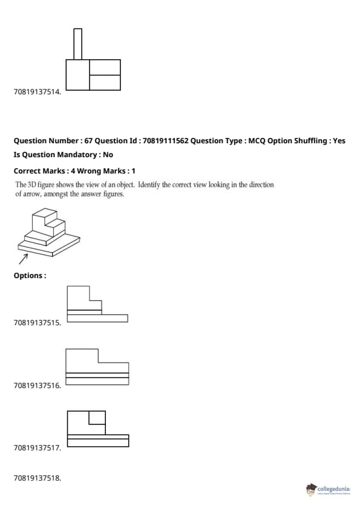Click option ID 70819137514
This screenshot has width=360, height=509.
[x=37, y=92]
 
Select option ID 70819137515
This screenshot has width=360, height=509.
[x=37, y=323]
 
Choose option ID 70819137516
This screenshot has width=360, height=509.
[x=37, y=386]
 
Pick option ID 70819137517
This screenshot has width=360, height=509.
[x=37, y=448]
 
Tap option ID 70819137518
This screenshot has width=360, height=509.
[x=37, y=478]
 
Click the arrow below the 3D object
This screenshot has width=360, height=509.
[x=24, y=259]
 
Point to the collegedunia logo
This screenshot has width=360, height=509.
[x=328, y=489]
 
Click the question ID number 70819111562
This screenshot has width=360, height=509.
[x=165, y=141]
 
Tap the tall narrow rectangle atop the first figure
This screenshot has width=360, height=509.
[x=77, y=44]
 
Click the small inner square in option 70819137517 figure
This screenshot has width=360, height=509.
[x=97, y=418]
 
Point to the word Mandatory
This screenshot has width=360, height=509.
[x=76, y=155]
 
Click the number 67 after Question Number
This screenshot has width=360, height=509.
[x=88, y=141]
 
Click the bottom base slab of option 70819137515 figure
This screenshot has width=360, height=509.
[x=97, y=318]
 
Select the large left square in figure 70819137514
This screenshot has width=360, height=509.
[x=77, y=75]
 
